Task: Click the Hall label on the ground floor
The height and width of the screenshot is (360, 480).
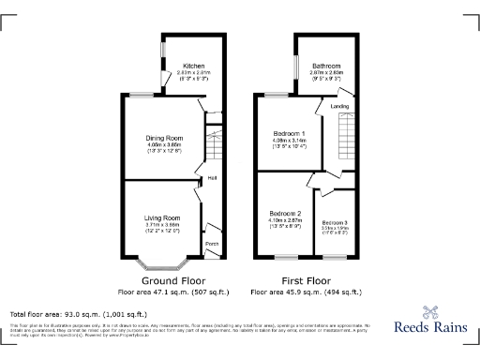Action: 212,177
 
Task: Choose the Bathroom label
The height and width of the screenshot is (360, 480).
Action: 326,65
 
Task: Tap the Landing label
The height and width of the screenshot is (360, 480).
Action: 339,107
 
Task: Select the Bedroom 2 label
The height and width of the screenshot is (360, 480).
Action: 285,213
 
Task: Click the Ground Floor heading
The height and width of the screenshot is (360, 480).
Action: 170,280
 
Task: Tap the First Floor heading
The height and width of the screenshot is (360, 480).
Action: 307,280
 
